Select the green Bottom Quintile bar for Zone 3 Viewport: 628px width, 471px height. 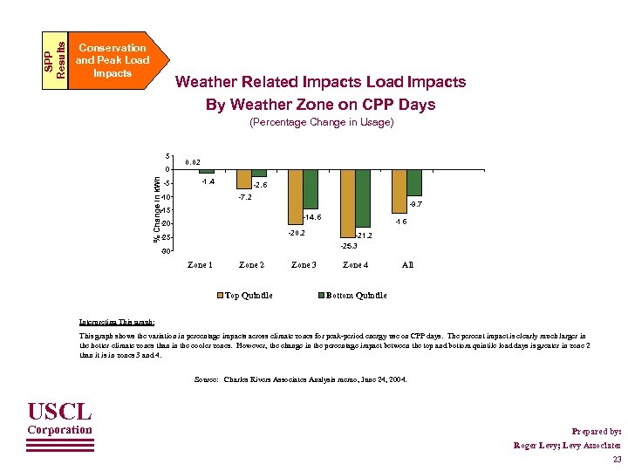pyautogui.click(x=311, y=189)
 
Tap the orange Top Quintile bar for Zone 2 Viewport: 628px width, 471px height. pyautogui.click(x=244, y=179)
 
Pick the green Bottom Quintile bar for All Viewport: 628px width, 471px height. pyautogui.click(x=414, y=182)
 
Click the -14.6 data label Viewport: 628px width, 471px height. pyautogui.click(x=313, y=215)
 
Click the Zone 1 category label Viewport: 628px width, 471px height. pyautogui.click(x=200, y=264)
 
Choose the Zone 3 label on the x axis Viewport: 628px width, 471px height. pyautogui.click(x=304, y=264)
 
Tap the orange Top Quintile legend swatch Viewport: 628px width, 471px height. pyautogui.click(x=220, y=295)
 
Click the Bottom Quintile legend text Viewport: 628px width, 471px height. pyautogui.click(x=356, y=295)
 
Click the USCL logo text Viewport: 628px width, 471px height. pyautogui.click(x=59, y=410)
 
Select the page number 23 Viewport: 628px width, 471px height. pyautogui.click(x=617, y=460)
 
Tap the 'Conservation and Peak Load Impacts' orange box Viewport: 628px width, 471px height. pyautogui.click(x=111, y=60)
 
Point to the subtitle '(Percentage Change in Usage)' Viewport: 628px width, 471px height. pyautogui.click(x=321, y=123)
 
